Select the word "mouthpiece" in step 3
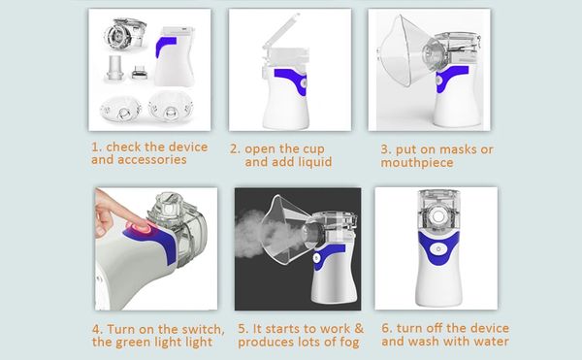(417, 163)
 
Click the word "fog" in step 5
(349, 342)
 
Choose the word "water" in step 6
(489, 342)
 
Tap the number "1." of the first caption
(96, 147)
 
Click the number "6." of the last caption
(387, 328)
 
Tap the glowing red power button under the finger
(139, 227)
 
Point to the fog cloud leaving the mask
(256, 234)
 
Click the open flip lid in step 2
(280, 33)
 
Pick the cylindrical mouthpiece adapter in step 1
(115, 68)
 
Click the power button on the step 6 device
(438, 249)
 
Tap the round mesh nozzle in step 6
(438, 217)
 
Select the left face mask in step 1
(120, 109)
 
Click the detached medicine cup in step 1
(125, 35)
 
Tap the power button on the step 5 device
(316, 257)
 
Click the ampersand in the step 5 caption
(359, 328)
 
